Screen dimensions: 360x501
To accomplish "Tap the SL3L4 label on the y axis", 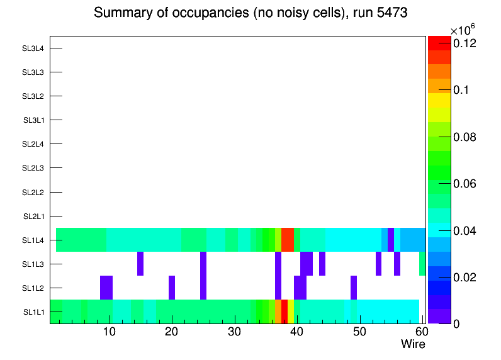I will pos(33,48).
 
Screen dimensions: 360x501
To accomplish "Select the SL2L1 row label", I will pos(33,216).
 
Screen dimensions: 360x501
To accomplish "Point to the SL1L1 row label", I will pos(33,312).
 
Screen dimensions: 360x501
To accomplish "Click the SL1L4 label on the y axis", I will pos(33,240).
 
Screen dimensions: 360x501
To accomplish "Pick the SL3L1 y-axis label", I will pos(33,120).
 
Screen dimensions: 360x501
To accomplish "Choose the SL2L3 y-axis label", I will pos(33,168).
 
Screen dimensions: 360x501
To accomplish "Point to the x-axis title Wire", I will pos(414,344).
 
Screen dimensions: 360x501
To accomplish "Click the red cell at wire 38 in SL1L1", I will pos(284,312).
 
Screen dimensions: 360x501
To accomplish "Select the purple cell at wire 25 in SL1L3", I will pos(203,264).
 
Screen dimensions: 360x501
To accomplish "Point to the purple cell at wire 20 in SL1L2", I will pos(172,288).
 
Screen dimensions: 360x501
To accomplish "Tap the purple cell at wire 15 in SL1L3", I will pos(140,264).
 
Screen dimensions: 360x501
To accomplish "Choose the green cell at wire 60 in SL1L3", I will pos(422,264).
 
